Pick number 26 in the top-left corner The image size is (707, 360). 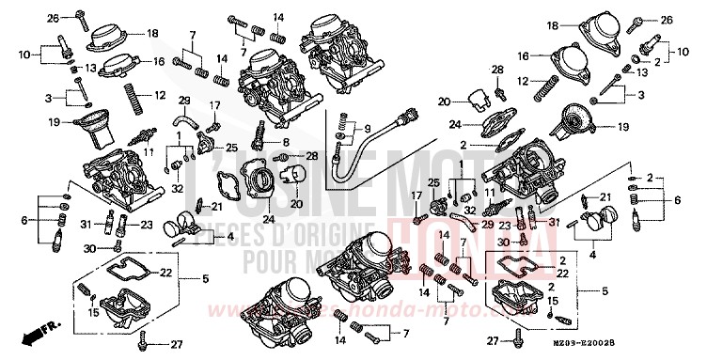(x=54, y=17)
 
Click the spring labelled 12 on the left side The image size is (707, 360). (x=135, y=94)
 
